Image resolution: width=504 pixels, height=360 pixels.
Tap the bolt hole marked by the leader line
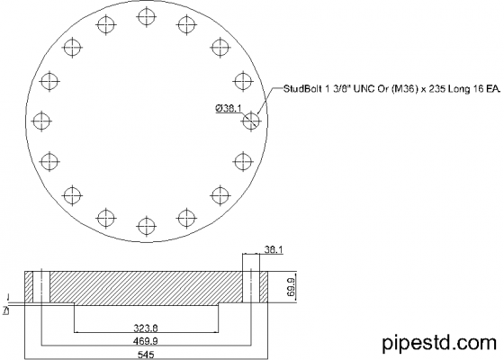250,119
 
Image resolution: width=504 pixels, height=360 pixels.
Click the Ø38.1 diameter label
227,108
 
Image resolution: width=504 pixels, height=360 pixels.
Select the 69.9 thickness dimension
291,286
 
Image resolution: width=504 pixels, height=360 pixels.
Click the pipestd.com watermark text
439,343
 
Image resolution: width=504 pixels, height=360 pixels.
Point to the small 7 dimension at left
6,309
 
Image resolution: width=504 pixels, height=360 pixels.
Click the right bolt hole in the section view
252,286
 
